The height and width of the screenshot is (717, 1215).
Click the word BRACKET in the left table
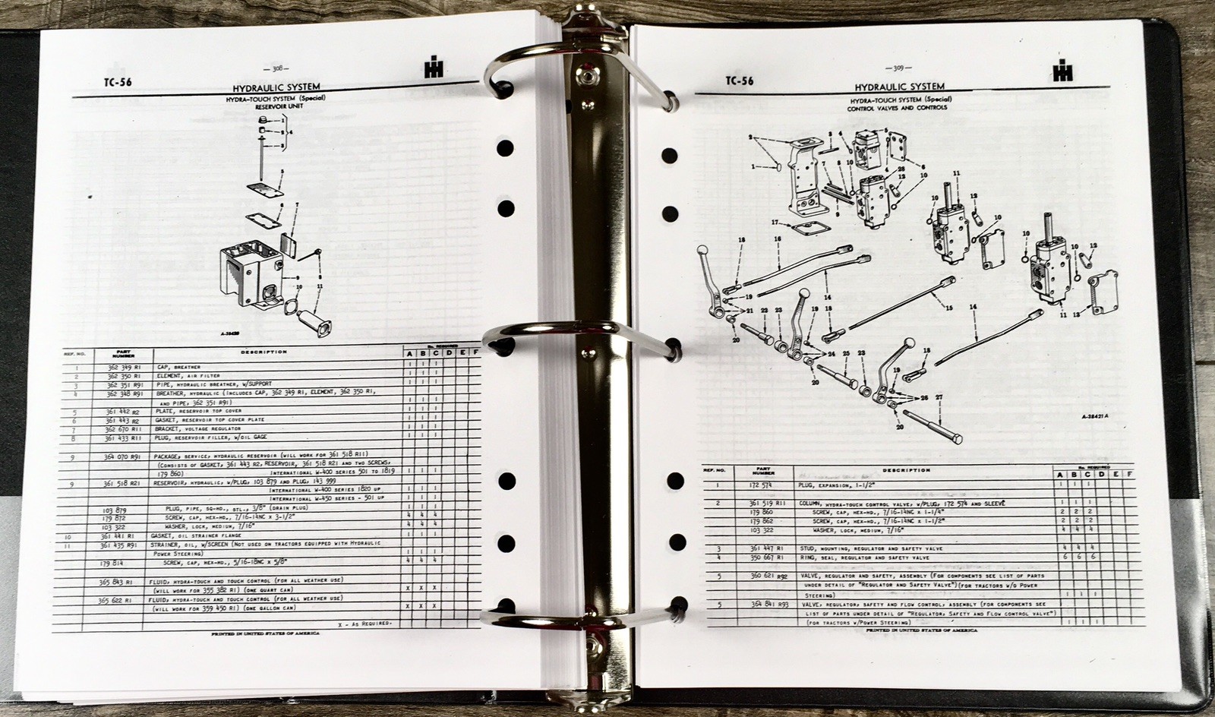click(174, 428)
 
